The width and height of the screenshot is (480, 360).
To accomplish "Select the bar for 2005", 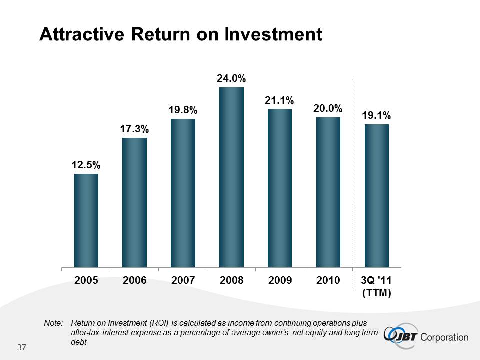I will coord(86,220).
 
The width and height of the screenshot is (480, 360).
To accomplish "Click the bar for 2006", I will coord(135,202).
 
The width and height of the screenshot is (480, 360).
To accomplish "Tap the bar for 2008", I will coord(231,177).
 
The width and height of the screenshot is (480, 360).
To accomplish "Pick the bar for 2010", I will coord(328,192).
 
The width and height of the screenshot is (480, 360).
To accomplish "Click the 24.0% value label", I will coord(231,78).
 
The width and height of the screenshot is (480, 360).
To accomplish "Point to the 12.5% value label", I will coord(86,164).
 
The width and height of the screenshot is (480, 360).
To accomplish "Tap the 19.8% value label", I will coord(183,110).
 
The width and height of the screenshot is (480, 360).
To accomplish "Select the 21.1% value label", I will coord(280,100).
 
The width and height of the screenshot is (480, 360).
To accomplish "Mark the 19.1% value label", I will coord(377,115).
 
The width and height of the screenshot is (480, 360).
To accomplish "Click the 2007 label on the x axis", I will coord(183,280).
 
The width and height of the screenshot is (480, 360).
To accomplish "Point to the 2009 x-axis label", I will coord(280,280).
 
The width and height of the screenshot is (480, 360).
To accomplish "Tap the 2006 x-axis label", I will coord(135,280).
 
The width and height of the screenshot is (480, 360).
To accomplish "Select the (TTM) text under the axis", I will coord(377,293).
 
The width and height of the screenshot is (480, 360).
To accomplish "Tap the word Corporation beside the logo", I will coord(445,337).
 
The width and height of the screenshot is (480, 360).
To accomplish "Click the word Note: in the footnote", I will coord(53,323).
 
